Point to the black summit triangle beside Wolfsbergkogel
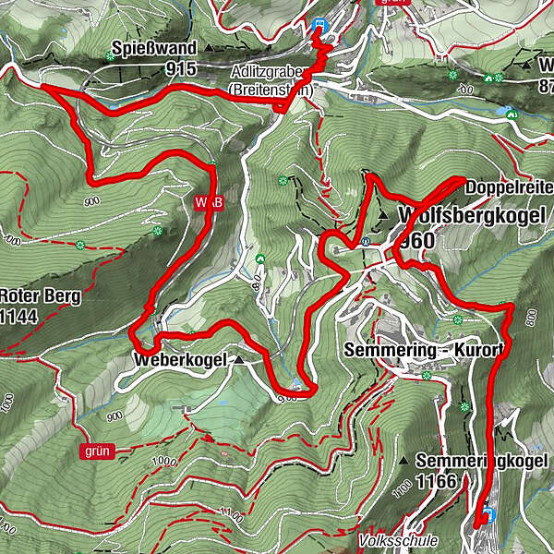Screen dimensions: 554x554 pos(383,214)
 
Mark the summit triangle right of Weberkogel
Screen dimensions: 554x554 pos(239,359)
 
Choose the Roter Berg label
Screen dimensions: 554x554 pos(41,297)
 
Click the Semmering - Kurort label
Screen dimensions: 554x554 pos(423,351)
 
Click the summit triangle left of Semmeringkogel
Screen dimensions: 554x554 pos(404,459)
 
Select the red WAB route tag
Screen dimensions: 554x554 pos(210,201)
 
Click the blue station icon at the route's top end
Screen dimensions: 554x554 pos(319,25)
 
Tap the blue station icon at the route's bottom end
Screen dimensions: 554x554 pos(488,514)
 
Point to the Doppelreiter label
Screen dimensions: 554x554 pos(510,187)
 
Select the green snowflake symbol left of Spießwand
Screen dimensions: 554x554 pos(110,56)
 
